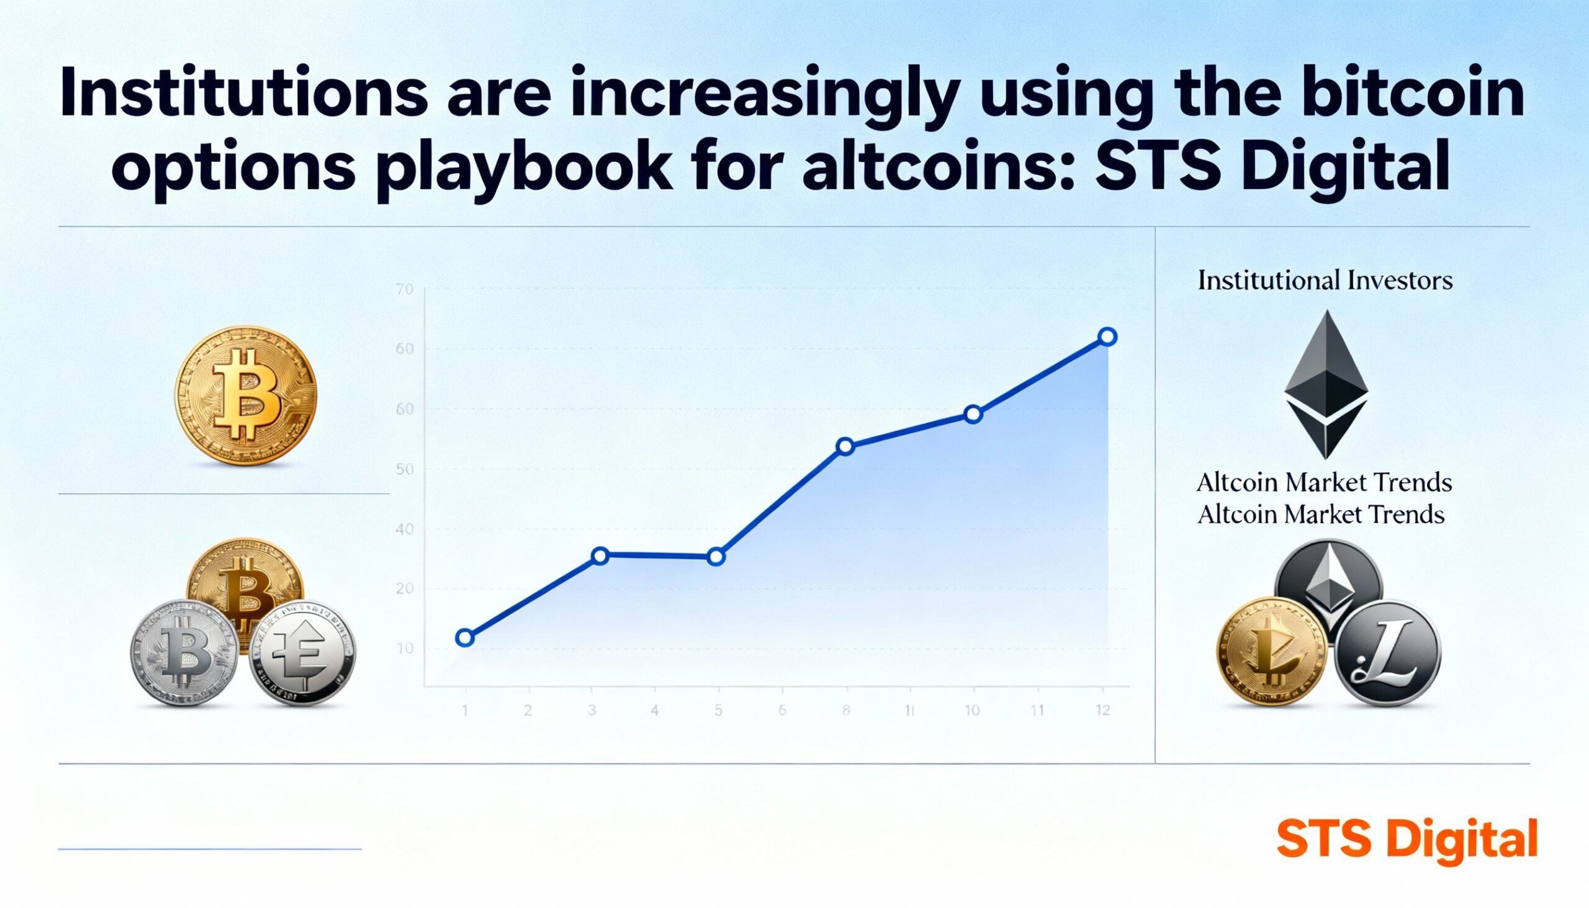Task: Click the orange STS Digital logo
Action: point(1407,838)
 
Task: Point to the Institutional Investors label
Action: point(1325,281)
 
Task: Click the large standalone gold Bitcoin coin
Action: point(246,395)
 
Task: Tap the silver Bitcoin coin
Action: point(184,654)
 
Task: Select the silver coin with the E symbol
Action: point(302,653)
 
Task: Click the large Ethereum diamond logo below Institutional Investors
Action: point(1326,385)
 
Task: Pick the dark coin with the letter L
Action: point(1387,654)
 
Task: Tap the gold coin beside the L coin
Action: point(1272,652)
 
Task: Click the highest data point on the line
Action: point(1107,337)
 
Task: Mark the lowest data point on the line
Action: point(465,637)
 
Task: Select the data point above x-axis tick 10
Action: point(973,414)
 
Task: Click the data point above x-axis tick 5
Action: point(716,557)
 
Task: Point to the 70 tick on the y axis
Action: point(404,289)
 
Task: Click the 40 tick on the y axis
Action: point(404,529)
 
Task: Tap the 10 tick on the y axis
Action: point(404,649)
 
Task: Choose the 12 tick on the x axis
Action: point(1102,709)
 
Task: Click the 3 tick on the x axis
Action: point(591,709)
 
